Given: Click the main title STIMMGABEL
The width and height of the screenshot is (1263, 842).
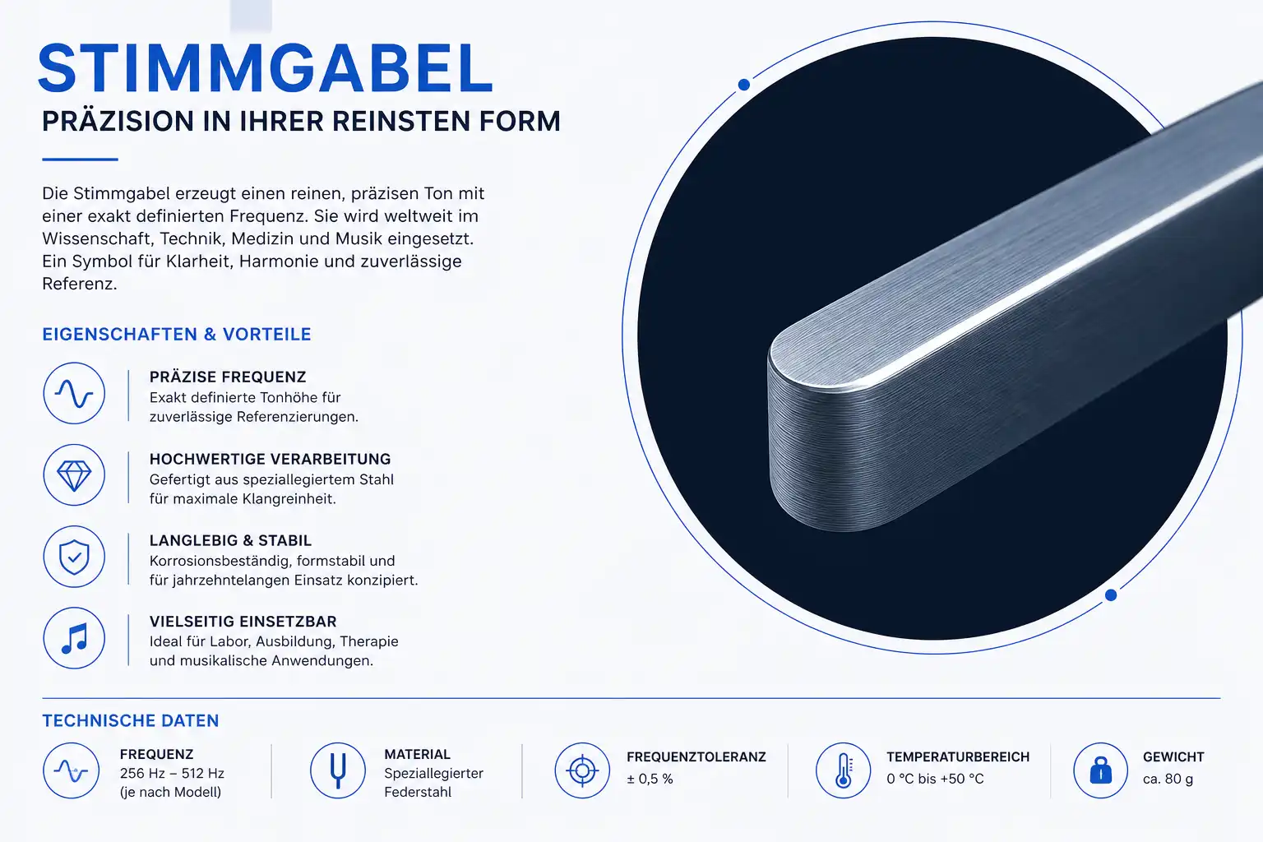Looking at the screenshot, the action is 265,67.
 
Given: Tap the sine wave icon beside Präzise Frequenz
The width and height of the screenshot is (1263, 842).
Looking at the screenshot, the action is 74,393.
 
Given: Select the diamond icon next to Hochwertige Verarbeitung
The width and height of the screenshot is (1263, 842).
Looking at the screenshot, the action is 74,475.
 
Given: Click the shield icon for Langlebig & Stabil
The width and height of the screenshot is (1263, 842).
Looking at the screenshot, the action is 74,557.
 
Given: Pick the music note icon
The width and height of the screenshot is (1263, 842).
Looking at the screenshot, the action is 74,638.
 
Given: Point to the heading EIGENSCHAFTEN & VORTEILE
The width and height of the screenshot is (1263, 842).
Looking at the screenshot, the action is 177,335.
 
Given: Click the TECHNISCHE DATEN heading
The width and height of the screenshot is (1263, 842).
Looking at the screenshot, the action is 130,721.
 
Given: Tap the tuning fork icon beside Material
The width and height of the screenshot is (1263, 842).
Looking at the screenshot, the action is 338,770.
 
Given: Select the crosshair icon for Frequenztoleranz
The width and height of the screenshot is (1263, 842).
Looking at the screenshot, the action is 582,770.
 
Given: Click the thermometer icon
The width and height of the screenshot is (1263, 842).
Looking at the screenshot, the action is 843,770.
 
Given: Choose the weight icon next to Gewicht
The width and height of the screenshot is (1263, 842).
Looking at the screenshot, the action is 1101,770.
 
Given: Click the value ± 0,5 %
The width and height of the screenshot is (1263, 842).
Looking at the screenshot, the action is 650,779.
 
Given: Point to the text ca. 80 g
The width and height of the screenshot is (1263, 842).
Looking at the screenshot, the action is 1168,779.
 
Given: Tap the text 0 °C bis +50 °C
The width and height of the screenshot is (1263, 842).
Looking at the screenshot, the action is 935,779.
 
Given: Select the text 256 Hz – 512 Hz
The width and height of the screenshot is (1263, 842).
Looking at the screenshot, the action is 172,773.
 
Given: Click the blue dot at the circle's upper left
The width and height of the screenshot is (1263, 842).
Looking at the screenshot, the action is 743,85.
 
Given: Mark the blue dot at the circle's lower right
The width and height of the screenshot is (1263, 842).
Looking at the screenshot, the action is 1111,595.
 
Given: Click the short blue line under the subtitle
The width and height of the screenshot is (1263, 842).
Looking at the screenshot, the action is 80,160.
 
